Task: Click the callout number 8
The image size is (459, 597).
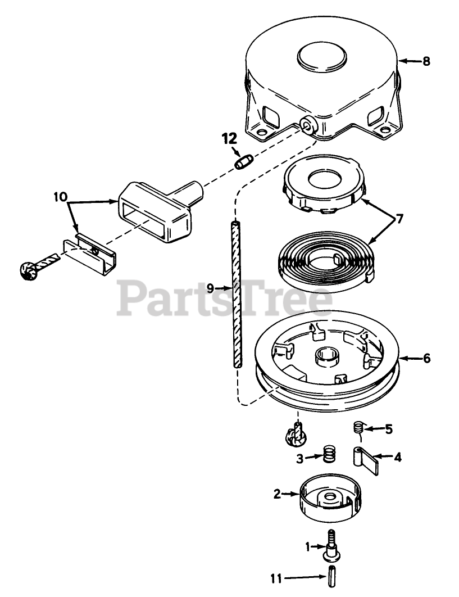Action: [x=426, y=61]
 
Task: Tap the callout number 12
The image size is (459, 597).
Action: [x=229, y=137]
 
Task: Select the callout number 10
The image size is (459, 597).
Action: [x=61, y=197]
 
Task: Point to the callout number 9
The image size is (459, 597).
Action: [x=211, y=287]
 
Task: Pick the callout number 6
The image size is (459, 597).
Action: [x=427, y=358]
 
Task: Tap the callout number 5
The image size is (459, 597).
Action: [x=388, y=429]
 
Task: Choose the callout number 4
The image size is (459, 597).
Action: [x=397, y=458]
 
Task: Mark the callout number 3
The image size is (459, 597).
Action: [x=301, y=459]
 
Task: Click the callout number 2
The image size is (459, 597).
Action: [x=277, y=495]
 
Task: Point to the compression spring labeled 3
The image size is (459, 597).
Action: [x=328, y=454]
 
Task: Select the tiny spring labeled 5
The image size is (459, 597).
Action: [x=357, y=428]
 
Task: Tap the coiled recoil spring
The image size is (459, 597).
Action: [x=326, y=258]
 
